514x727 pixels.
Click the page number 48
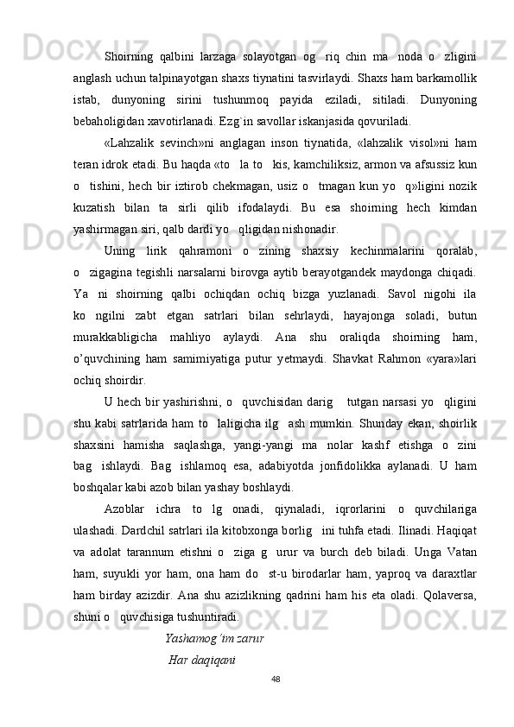275,679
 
